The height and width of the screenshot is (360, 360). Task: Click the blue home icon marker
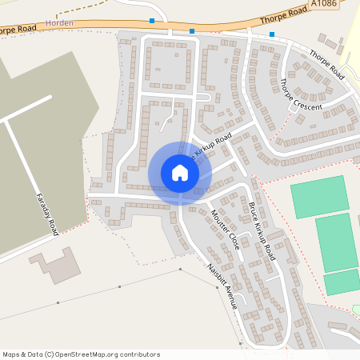tap(180, 173)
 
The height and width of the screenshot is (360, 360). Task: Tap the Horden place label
tap(60, 23)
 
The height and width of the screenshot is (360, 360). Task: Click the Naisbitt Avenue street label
tap(222, 286)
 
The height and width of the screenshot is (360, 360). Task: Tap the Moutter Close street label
tap(225, 229)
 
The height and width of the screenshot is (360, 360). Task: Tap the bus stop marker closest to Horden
tap(152, 21)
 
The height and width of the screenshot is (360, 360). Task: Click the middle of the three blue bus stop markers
tap(192, 31)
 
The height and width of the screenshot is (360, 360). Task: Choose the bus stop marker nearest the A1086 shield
tap(272, 34)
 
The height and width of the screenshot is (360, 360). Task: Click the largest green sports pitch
tap(337, 242)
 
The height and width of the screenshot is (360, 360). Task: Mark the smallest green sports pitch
tap(342, 282)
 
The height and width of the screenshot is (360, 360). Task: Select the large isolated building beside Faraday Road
tap(54, 265)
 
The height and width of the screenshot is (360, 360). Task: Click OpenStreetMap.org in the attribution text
tap(90, 354)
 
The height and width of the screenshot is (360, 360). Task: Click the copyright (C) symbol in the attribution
tap(49, 354)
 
